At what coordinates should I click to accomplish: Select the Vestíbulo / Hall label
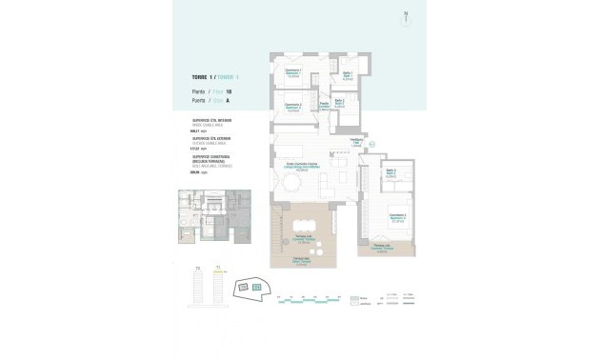point(360,142)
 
